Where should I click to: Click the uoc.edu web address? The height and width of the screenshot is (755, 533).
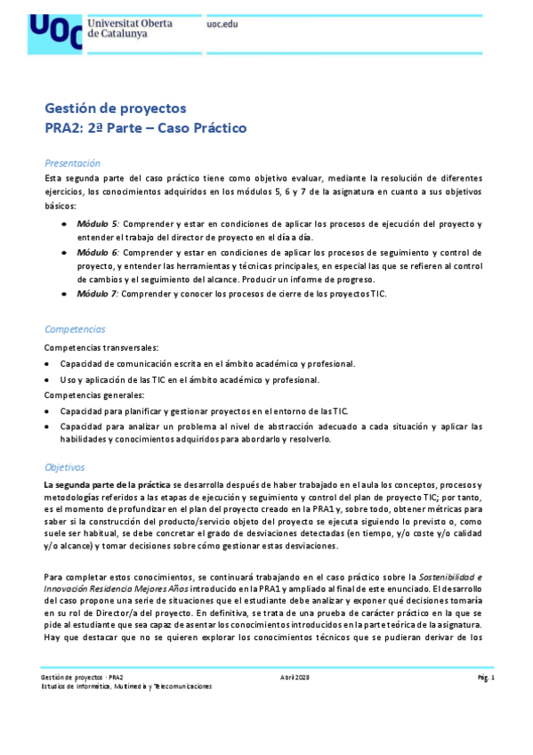[222, 24]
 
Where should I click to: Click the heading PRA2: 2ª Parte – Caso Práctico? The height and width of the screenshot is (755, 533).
[145, 128]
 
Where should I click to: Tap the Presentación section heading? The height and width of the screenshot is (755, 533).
[72, 164]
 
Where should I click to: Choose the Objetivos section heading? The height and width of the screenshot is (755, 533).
[64, 467]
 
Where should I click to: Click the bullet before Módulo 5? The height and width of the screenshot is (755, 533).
[64, 223]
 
